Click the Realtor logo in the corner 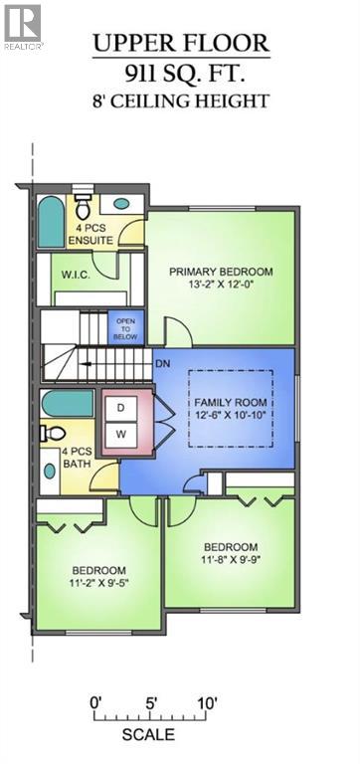click(x=23, y=25)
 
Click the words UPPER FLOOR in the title click(x=181, y=44)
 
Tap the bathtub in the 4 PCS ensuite click(x=51, y=222)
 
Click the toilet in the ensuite click(x=82, y=207)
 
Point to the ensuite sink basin click(x=121, y=203)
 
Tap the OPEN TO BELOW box click(x=125, y=327)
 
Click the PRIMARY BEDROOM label click(x=221, y=272)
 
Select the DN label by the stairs click(x=162, y=363)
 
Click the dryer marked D click(x=121, y=408)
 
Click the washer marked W click(x=121, y=435)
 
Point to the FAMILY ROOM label click(x=231, y=403)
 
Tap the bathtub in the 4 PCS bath click(x=68, y=404)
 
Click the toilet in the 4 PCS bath click(x=53, y=432)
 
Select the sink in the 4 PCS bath click(x=50, y=471)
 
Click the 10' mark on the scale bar click(x=207, y=703)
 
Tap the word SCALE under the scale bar click(x=148, y=734)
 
